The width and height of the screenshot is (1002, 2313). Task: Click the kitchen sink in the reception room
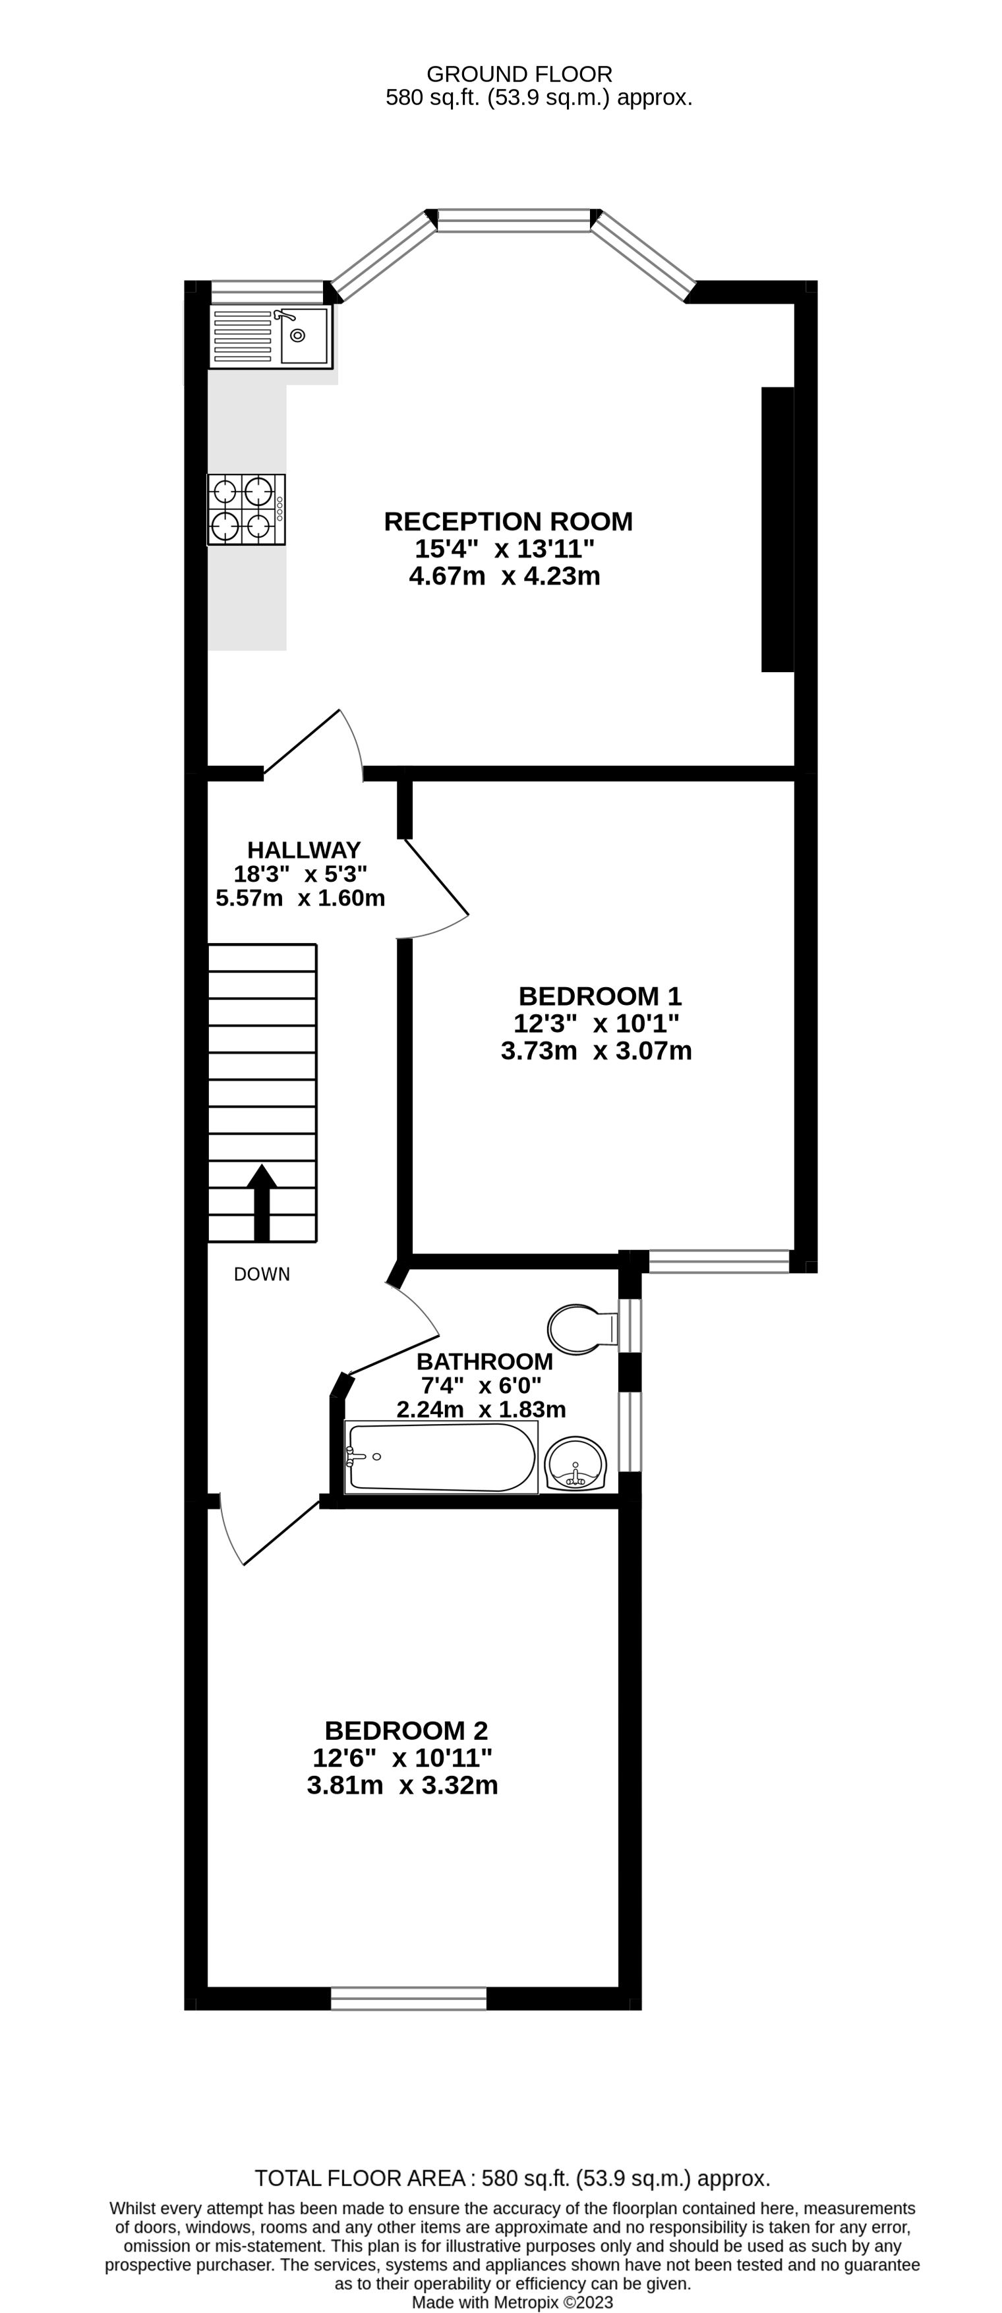(270, 336)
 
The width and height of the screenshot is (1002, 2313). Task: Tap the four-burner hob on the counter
(246, 509)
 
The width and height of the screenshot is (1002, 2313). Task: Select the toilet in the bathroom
(580, 1329)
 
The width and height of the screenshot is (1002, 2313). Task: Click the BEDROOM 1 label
(600, 996)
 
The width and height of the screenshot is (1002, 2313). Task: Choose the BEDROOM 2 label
(406, 1730)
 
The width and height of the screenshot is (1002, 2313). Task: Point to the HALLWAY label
(303, 849)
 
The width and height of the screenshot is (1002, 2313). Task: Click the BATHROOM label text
(484, 1361)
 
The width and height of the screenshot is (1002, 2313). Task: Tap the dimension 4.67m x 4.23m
(504, 575)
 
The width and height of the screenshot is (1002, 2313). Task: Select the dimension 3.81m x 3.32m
(402, 1785)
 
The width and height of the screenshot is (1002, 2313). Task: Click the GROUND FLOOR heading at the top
(519, 74)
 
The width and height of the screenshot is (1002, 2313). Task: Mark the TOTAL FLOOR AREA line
(512, 2179)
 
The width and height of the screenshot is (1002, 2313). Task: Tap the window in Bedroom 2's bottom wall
(409, 1999)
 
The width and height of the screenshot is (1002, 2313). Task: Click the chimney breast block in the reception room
(777, 529)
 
